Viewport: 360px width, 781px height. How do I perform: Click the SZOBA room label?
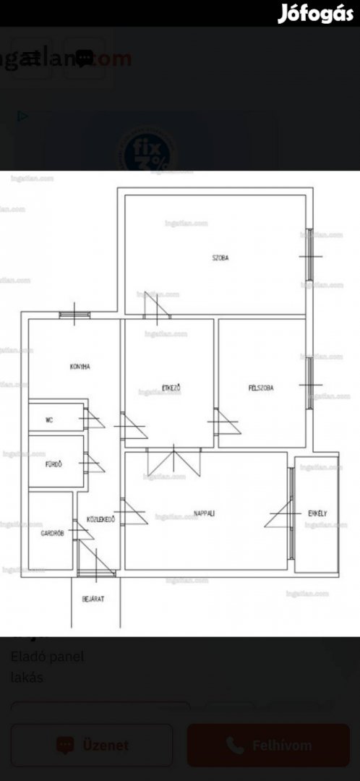220,258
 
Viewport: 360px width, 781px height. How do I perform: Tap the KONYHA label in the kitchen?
80,367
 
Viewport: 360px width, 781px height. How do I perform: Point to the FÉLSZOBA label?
261,388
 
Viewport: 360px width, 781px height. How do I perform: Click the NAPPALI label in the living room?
204,513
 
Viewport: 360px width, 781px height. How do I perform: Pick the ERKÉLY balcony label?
318,513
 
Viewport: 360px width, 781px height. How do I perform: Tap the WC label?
49,419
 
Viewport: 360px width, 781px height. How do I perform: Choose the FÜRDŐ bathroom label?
53,464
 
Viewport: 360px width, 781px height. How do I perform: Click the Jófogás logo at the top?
315,14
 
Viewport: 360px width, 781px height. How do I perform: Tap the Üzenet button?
92,745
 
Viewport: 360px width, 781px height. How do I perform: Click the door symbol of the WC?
90,419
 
